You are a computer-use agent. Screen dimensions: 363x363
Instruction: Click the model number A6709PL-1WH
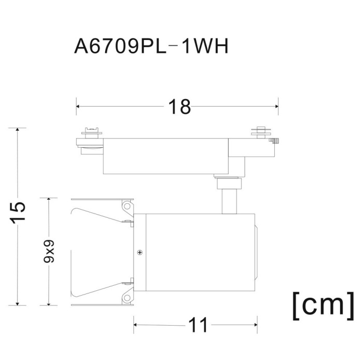tap(151, 46)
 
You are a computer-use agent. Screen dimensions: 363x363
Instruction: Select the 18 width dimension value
tap(179, 107)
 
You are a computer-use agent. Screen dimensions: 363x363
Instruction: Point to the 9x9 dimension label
tap(49, 251)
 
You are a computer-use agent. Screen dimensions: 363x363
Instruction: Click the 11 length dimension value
tap(199, 325)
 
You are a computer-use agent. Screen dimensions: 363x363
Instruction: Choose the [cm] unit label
tap(324, 305)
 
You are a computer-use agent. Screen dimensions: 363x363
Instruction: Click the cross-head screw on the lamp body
tap(140, 253)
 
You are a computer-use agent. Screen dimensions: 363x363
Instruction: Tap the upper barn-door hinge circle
tap(127, 205)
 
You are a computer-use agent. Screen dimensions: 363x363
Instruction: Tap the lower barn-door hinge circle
tap(127, 298)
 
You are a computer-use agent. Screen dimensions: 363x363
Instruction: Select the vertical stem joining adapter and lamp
tap(229, 201)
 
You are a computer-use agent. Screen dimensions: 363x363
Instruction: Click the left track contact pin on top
tap(92, 133)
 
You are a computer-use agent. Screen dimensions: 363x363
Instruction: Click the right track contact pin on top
tap(261, 132)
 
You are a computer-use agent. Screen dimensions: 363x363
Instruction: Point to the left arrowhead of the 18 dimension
tap(78, 106)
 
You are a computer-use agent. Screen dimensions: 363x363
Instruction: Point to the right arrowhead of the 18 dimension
tap(276, 106)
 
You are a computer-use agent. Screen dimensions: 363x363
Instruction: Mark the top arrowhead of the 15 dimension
tap(17, 130)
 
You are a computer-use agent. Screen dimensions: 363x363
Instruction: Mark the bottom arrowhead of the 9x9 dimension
tap(49, 303)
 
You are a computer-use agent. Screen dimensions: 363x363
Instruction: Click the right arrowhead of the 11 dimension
tap(256, 325)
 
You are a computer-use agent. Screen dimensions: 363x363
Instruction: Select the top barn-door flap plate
tap(102, 199)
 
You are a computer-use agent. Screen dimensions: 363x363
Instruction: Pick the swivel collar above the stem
tap(228, 183)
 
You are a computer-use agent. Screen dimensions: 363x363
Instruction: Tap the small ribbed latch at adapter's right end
tap(274, 141)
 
